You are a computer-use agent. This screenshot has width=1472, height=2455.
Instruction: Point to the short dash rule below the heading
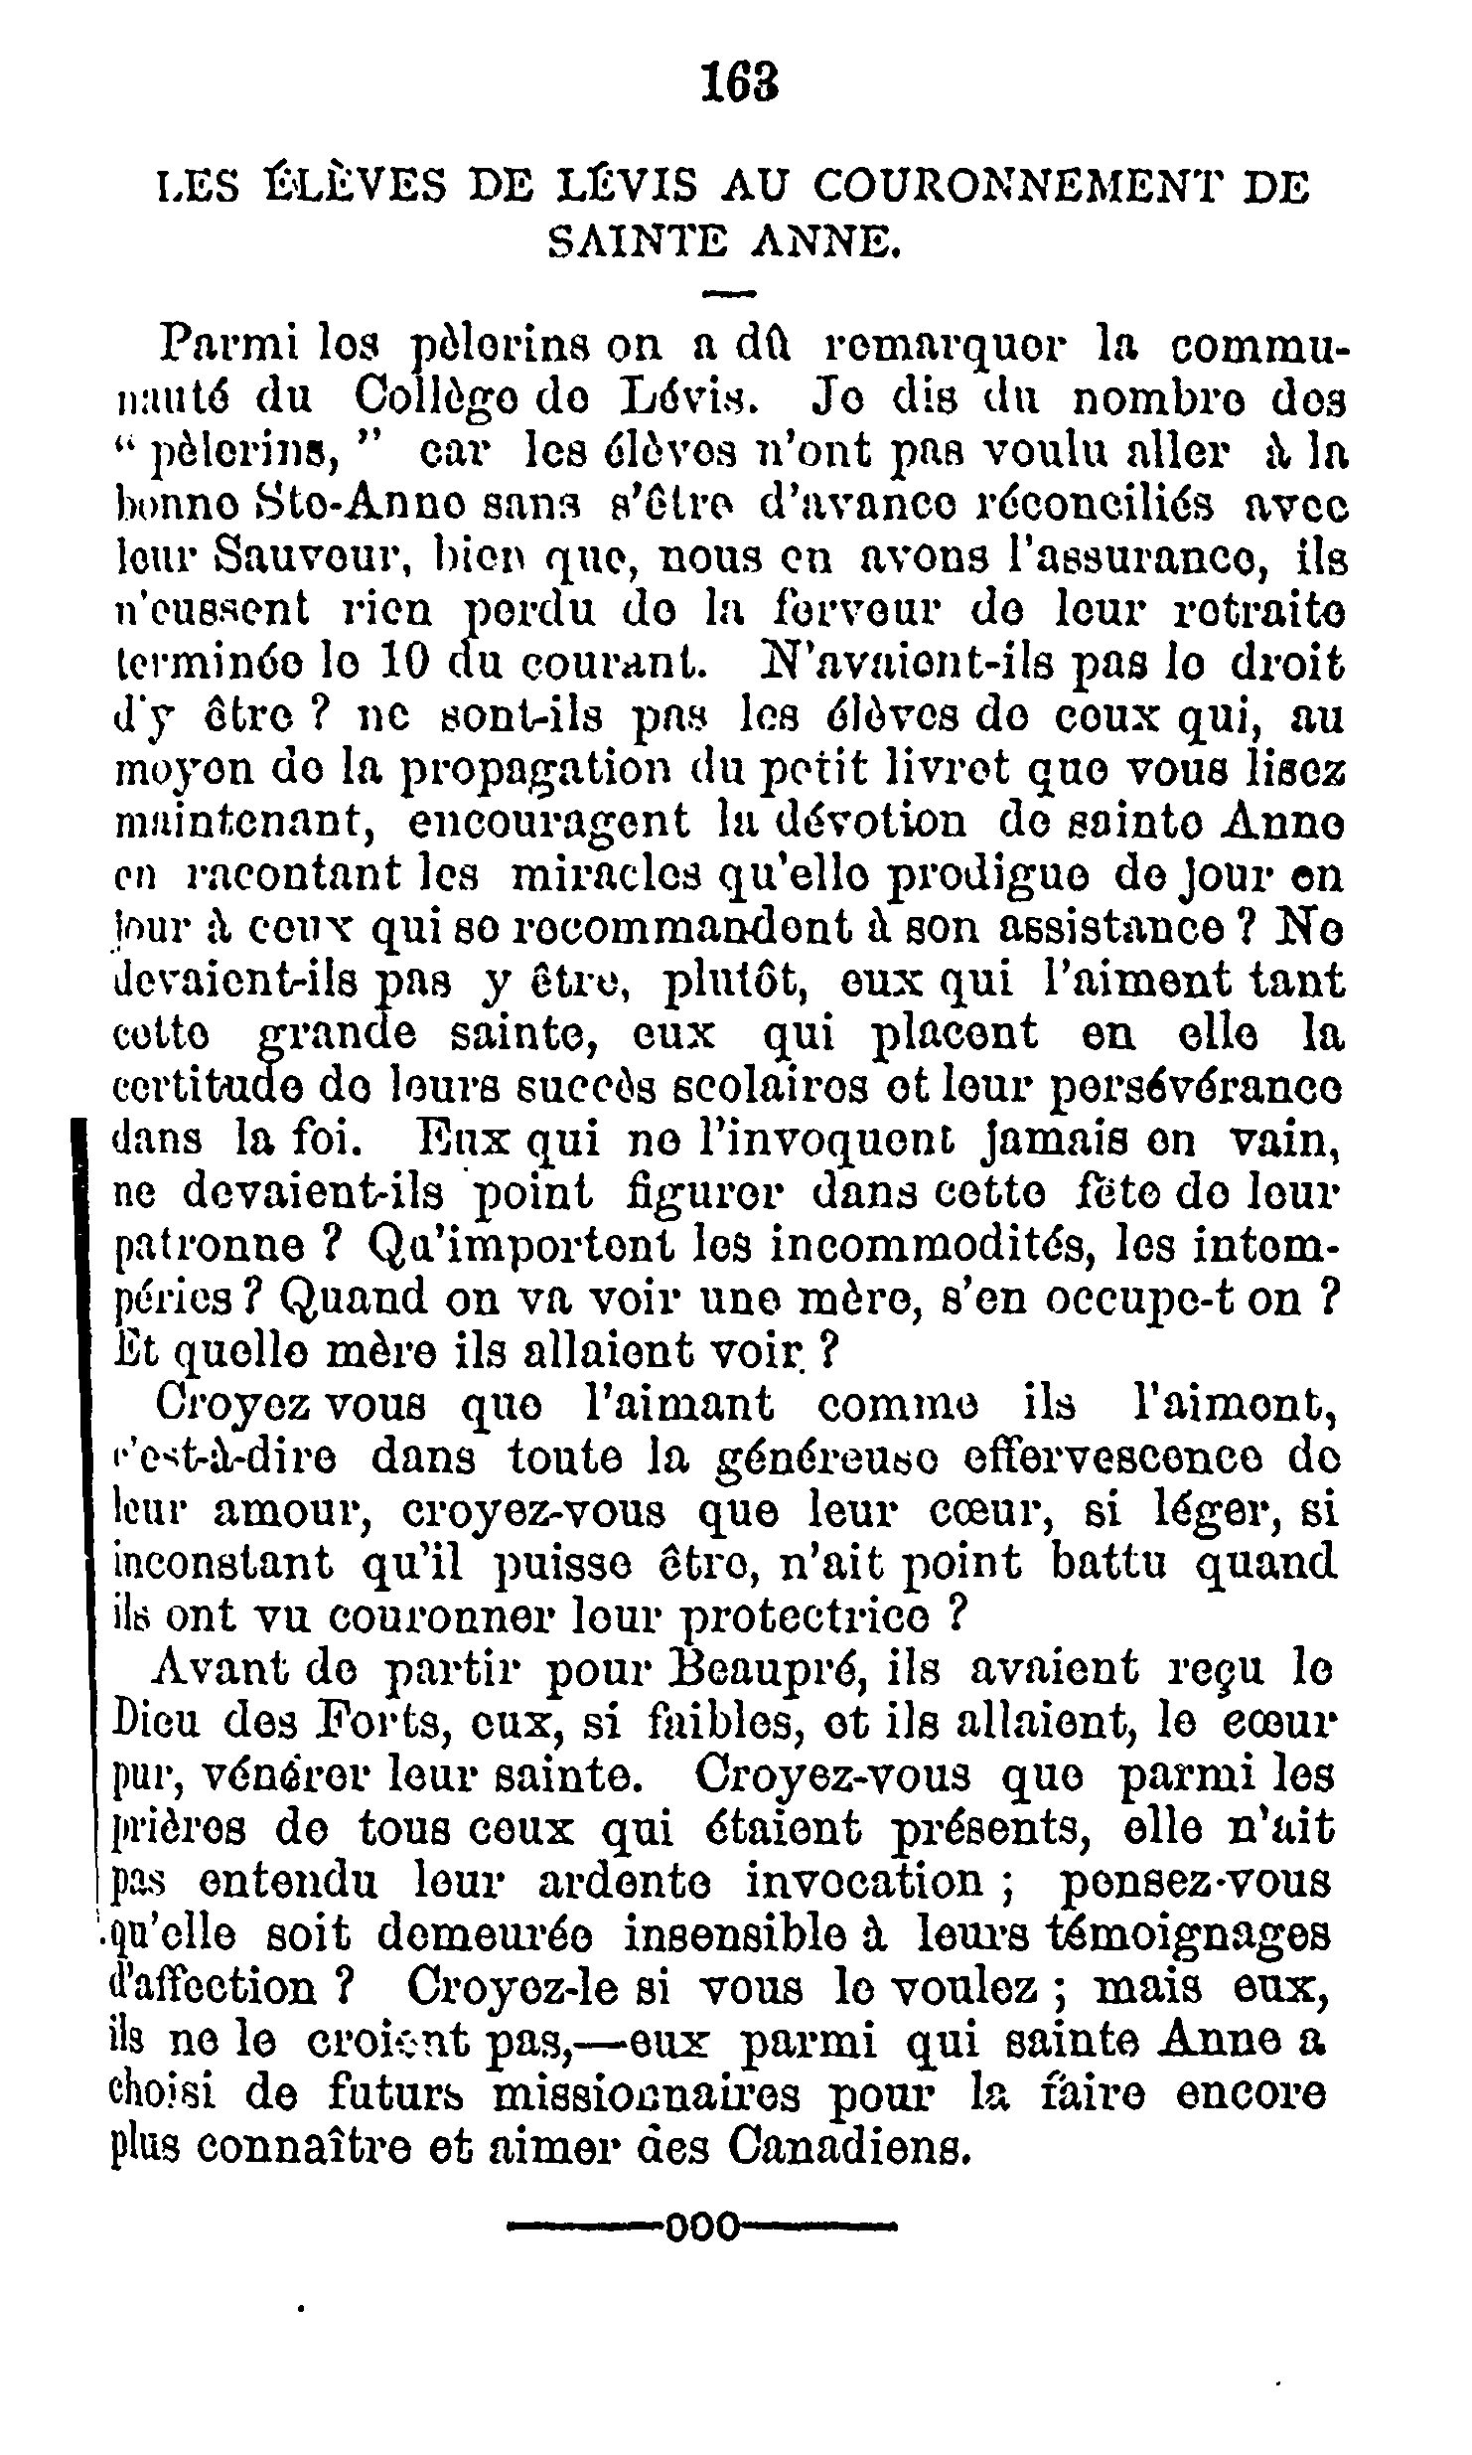pos(730,293)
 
